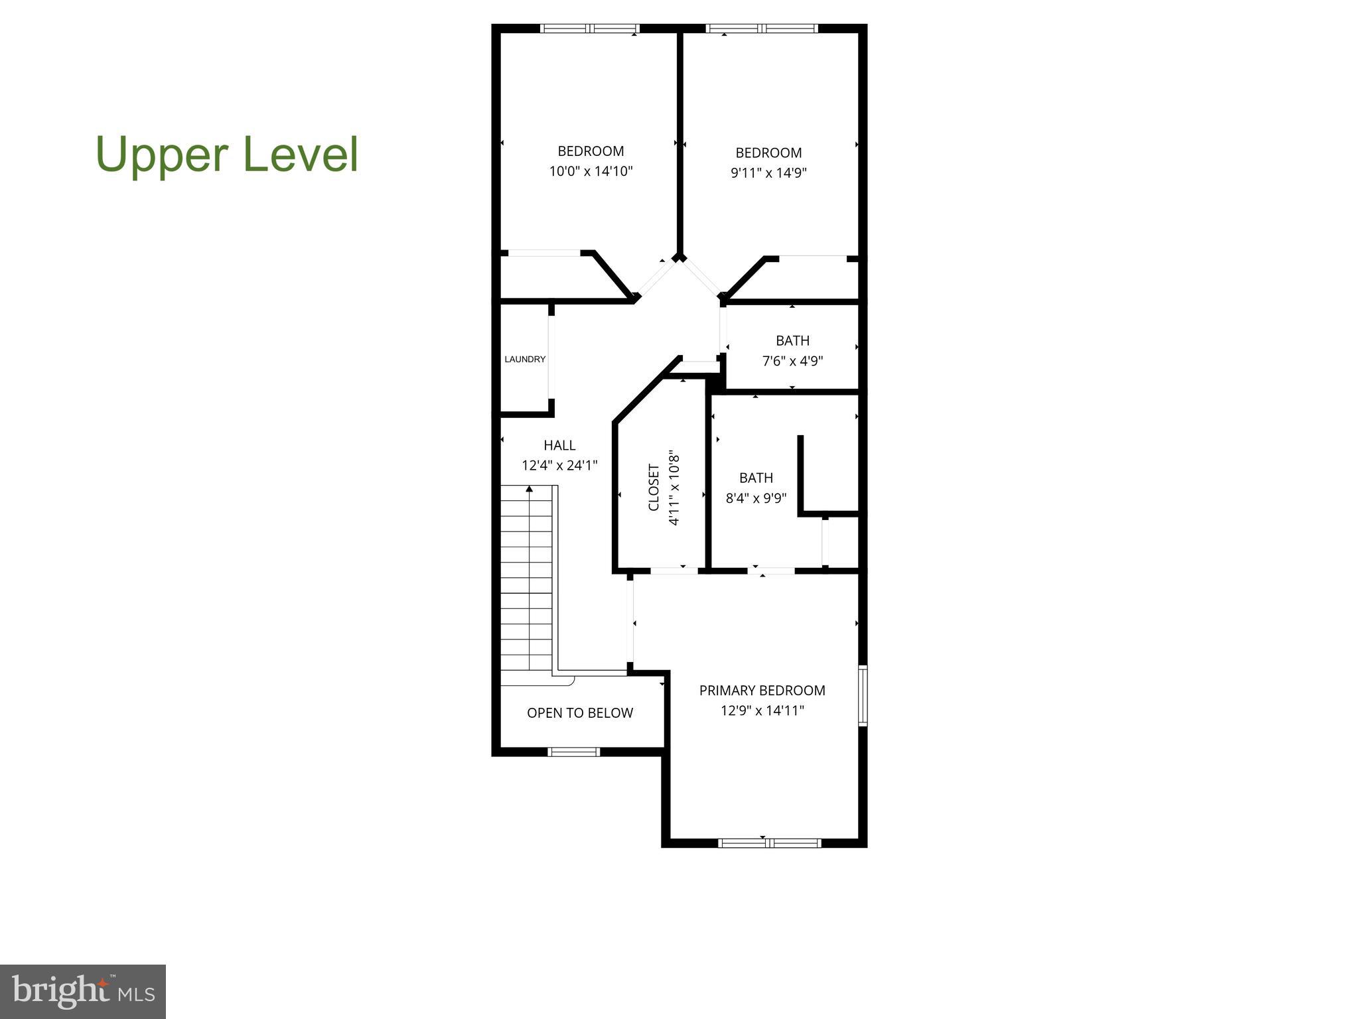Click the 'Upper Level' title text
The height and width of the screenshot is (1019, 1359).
click(227, 154)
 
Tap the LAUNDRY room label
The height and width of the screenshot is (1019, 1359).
click(525, 360)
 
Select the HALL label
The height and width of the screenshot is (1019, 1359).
click(559, 445)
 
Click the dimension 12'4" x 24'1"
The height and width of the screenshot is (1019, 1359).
click(559, 466)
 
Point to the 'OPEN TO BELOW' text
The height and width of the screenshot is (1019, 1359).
click(579, 713)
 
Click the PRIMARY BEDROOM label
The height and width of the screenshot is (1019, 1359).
click(762, 691)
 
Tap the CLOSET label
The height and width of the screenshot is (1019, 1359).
click(654, 488)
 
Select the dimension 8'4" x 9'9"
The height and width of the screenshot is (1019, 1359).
click(756, 498)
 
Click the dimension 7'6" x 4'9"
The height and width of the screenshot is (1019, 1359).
click(792, 362)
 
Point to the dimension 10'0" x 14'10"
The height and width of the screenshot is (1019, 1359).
click(591, 172)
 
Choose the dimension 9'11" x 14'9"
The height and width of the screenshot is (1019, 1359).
click(768, 173)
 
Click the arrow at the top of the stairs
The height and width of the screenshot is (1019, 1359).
click(529, 490)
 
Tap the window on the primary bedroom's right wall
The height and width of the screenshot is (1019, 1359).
click(862, 695)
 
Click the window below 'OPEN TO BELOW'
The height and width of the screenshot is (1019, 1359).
click(573, 752)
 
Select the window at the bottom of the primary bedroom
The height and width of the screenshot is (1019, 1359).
click(770, 843)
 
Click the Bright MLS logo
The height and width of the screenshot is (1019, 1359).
click(83, 991)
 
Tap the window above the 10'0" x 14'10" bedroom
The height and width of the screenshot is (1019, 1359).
click(589, 29)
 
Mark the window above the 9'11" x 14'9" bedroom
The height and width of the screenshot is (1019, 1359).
click(762, 29)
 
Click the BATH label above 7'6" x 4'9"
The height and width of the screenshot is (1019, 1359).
click(792, 341)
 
